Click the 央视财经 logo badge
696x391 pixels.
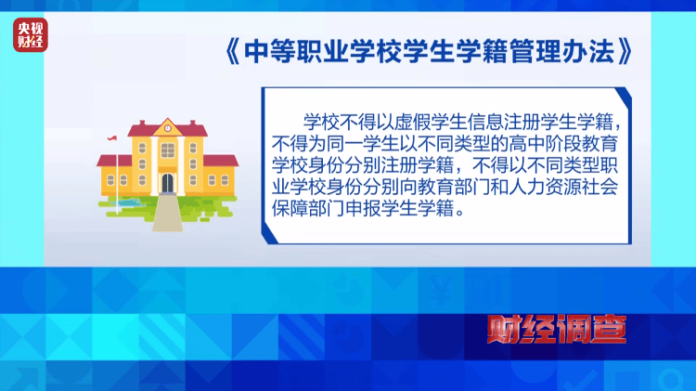coord(31,35)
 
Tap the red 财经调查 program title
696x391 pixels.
coord(557,330)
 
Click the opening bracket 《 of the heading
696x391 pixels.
coord(232,51)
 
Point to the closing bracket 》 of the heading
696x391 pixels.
coord(625,51)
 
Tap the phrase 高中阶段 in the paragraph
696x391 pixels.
coord(545,144)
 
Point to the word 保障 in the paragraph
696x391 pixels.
coord(290,208)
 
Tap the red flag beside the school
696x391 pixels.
coord(112,138)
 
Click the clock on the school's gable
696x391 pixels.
coord(168,128)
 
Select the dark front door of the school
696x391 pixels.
coord(167,183)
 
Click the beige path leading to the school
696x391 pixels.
coord(167,213)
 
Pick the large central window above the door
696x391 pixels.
coord(167,150)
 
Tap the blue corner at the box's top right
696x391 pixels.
coord(624,98)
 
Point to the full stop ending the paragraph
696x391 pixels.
coord(459,213)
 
